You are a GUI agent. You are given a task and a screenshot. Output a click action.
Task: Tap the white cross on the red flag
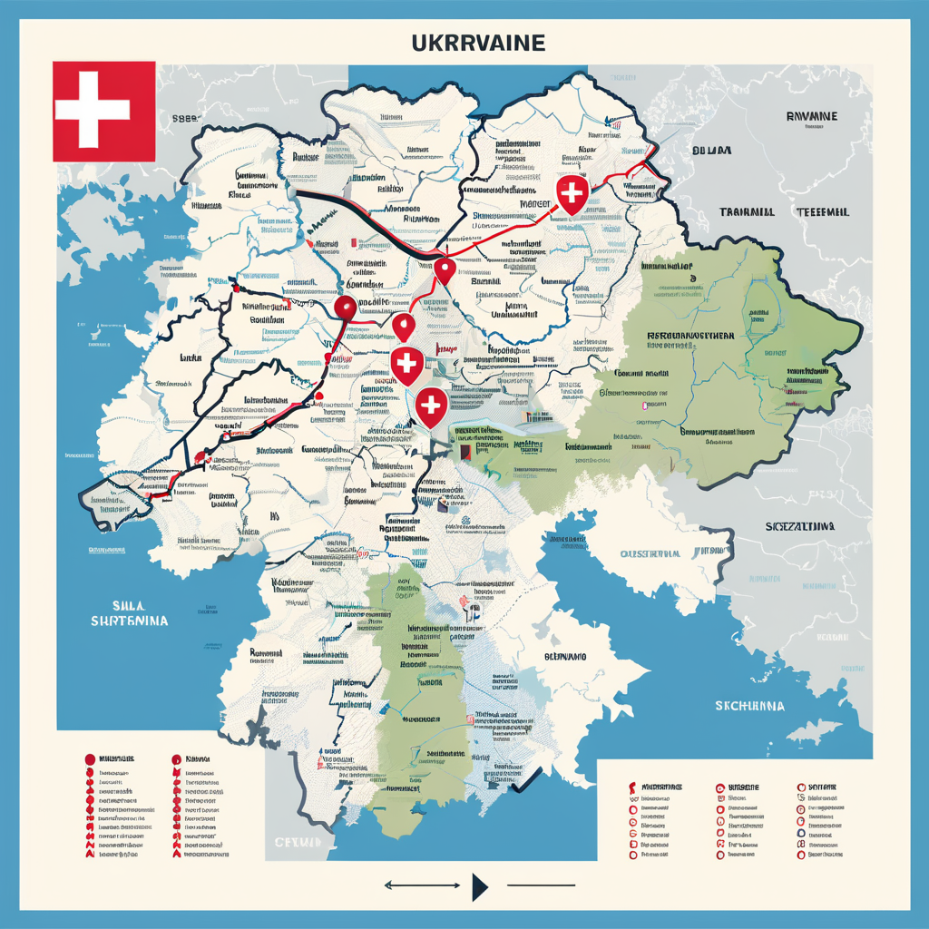92,111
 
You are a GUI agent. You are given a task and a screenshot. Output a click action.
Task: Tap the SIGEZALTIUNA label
801,525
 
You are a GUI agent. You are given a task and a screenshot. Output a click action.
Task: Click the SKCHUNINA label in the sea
749,705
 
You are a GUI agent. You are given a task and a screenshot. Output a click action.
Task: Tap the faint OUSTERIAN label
650,553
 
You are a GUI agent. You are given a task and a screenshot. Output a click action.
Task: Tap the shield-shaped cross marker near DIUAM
570,195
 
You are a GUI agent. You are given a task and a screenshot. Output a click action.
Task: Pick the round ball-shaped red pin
345,308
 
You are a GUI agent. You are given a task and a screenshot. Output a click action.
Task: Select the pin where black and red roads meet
444,269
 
